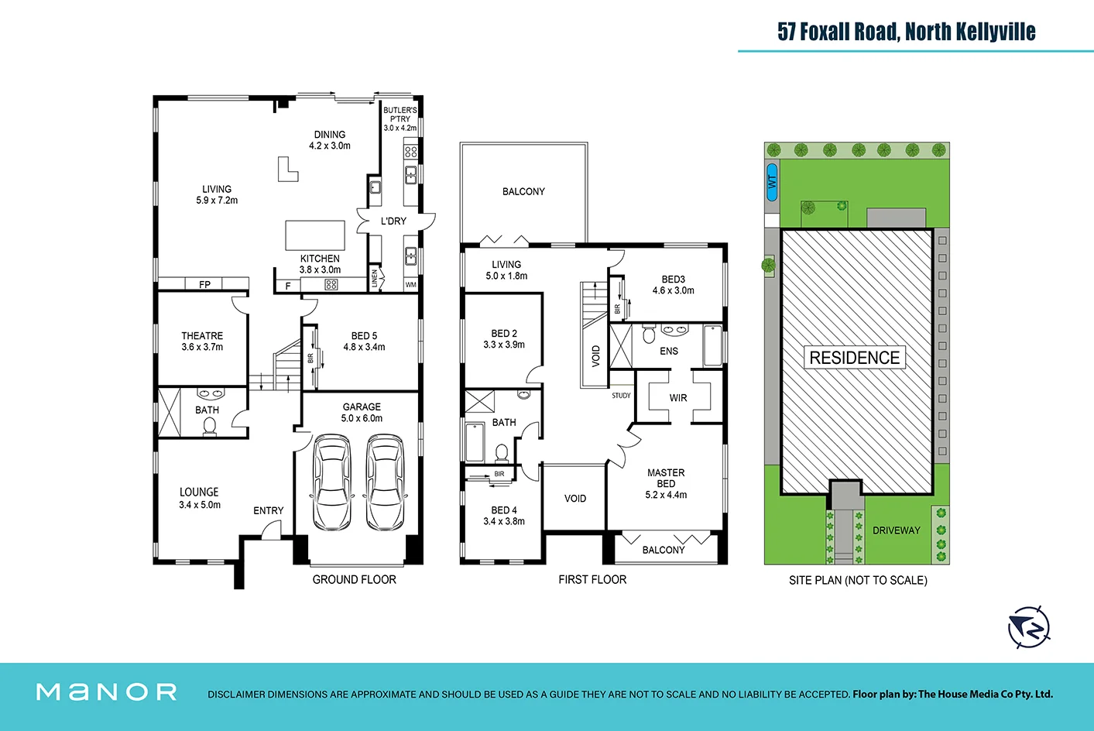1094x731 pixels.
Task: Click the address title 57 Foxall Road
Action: (906, 32)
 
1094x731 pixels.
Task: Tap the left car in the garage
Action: (331, 482)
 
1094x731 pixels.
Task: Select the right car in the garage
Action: (385, 482)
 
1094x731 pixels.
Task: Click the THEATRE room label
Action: (202, 336)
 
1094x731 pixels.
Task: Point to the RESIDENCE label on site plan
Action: (854, 358)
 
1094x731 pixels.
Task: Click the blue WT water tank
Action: (771, 183)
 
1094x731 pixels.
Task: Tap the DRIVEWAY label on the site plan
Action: (896, 530)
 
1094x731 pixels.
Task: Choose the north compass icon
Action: (1029, 627)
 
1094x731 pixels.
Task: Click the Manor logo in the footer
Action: (107, 692)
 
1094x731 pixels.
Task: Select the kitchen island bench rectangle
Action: (315, 234)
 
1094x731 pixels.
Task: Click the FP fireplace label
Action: (204, 284)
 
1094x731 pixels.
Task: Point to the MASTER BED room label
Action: (666, 478)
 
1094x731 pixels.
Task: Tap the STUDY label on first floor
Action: (621, 396)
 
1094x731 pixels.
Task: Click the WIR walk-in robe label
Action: (678, 398)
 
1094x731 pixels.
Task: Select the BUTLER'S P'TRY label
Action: (400, 115)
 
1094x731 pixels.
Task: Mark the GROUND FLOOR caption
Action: (354, 579)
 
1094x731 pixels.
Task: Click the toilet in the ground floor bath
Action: (209, 426)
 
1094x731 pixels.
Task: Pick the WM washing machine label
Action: (410, 285)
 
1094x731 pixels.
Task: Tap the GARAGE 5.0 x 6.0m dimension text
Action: (362, 418)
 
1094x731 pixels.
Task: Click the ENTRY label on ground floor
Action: (268, 510)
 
